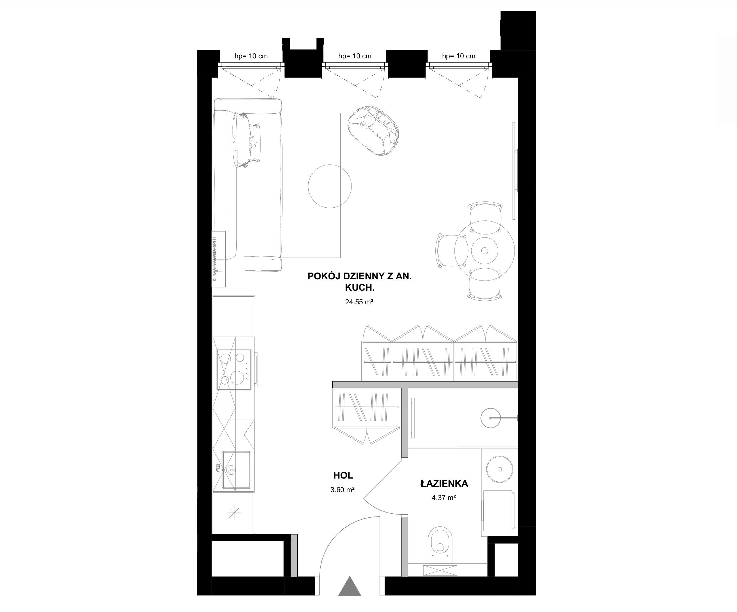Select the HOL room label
tap(343, 475)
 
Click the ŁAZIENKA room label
tap(444, 484)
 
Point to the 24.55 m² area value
tap(359, 302)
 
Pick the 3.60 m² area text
tap(342, 490)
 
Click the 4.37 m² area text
tap(444, 497)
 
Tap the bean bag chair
tap(373, 130)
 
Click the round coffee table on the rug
tap(330, 186)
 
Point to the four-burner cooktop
tap(234, 369)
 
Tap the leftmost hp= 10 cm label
tap(251, 56)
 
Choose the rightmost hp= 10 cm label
tap(459, 56)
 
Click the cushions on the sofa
tap(248, 140)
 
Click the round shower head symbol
tap(491, 418)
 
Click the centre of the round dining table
tap(485, 251)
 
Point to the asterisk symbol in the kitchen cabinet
tap(234, 513)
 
